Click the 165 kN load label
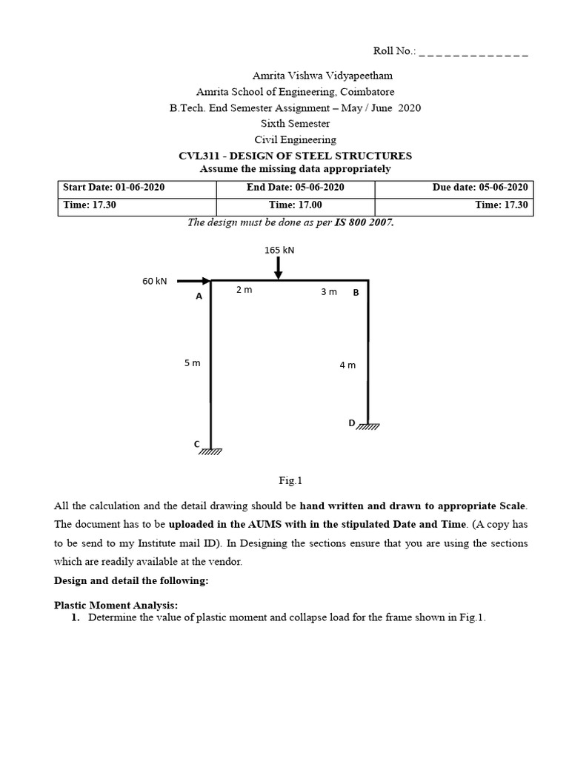point(279,250)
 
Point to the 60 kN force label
point(155,281)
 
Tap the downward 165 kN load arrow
point(278,268)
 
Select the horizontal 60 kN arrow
point(194,281)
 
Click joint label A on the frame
point(199,296)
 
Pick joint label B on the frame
point(356,292)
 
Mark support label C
point(197,443)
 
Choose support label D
point(352,422)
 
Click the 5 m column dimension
point(192,362)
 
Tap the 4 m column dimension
point(347,365)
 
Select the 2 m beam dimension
point(244,290)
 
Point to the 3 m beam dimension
point(328,292)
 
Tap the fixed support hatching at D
point(368,426)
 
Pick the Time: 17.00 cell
point(295,205)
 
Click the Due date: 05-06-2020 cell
point(480,188)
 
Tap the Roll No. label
point(394,52)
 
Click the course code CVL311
point(199,156)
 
